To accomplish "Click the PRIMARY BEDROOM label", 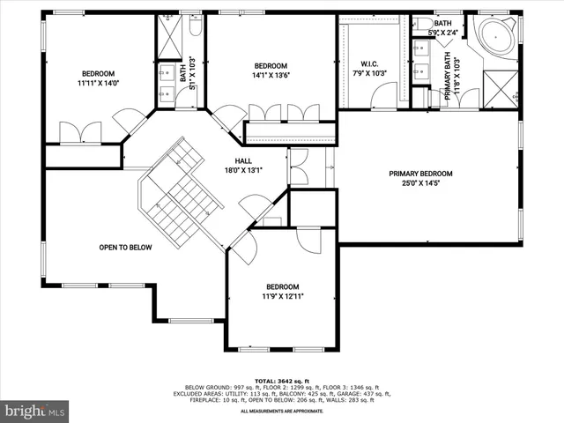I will pos(426,174).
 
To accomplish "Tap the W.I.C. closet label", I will pos(369,63).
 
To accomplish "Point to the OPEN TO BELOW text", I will pos(124,248).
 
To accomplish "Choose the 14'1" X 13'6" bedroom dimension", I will pos(270,77).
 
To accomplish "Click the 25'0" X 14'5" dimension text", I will pos(426,184).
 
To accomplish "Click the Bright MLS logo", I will pos(35,410).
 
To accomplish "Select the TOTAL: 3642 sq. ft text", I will pos(283,380).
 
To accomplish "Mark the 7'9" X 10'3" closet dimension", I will pos(369,74).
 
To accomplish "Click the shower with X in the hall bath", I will pos(167,35).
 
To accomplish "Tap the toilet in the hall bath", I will pos(196,27).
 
